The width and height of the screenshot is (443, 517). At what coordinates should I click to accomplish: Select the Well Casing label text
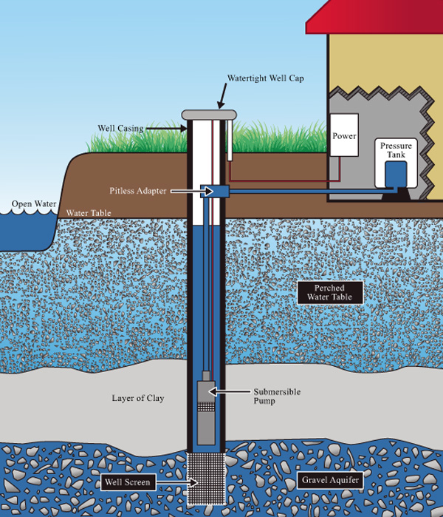120,128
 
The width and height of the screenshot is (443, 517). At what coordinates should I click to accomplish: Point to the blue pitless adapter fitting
213,191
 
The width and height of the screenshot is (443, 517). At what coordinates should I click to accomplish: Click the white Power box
344,135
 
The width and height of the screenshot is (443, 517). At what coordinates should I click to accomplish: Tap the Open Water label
29,204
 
